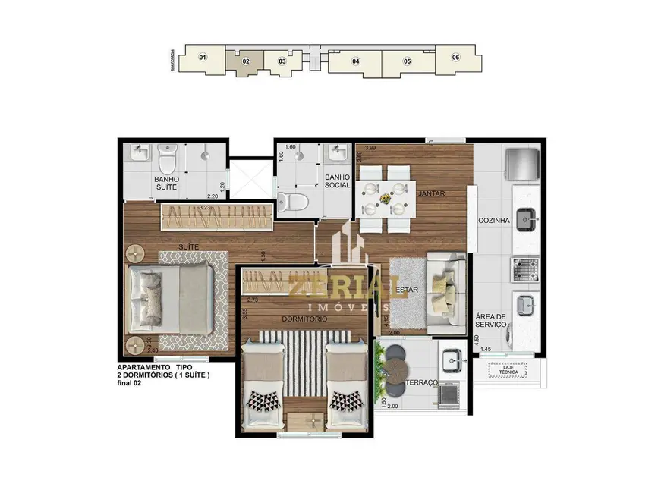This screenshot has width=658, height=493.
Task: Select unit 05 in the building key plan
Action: (x=407, y=61)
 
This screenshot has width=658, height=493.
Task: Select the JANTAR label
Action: (x=430, y=194)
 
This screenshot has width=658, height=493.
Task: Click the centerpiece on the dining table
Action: (x=388, y=199)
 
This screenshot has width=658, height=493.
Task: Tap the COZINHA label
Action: (x=492, y=221)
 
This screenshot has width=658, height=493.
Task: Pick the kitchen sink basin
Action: (x=525, y=221)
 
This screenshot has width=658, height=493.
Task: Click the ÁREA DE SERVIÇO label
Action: (x=491, y=321)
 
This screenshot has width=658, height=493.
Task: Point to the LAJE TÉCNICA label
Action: (x=509, y=371)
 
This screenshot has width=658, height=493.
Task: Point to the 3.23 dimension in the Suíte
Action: (x=203, y=207)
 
